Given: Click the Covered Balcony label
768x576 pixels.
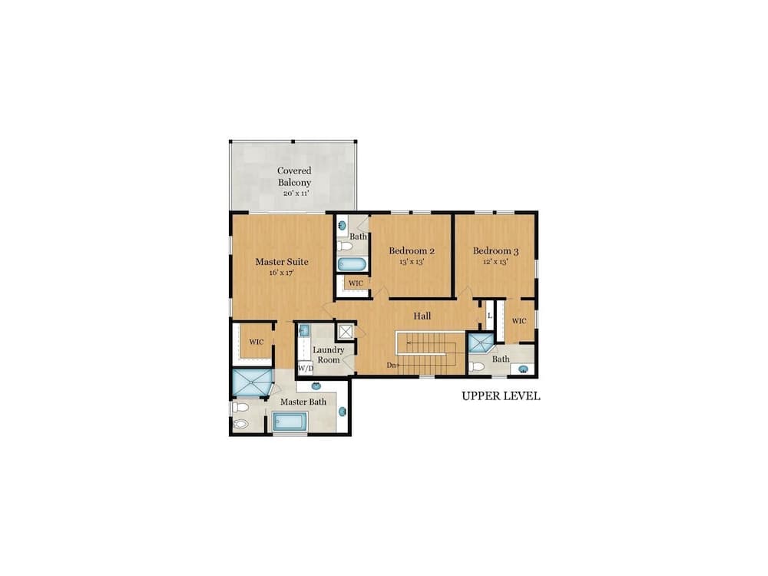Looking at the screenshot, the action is click(x=294, y=177).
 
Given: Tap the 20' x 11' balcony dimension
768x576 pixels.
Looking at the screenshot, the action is click(x=296, y=194).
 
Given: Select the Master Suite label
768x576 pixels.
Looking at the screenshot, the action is click(x=282, y=262).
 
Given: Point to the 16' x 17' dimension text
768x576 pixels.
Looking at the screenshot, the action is click(x=281, y=273).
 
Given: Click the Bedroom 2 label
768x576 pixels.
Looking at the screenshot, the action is click(x=412, y=251).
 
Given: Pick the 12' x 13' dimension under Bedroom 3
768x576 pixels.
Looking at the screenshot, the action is click(x=495, y=262).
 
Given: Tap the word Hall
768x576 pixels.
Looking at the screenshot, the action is click(x=422, y=316).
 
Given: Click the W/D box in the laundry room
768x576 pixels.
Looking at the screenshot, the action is click(x=306, y=368).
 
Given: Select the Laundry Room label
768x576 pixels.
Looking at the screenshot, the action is click(x=328, y=355).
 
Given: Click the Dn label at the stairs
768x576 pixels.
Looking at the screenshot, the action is click(x=391, y=365).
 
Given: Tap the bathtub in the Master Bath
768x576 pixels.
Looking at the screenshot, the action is click(x=290, y=422).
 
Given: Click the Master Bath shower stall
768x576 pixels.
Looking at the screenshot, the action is click(x=252, y=382).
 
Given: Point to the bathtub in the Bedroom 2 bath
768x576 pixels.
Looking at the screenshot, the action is click(x=352, y=264).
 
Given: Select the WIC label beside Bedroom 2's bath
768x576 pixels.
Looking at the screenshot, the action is click(x=356, y=283).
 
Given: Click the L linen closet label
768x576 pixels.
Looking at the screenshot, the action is click(x=489, y=316).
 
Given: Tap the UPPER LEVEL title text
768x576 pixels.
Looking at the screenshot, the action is click(x=501, y=396).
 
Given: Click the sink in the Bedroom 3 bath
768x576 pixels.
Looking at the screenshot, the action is click(x=524, y=369).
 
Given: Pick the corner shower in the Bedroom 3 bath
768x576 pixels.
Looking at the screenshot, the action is click(x=482, y=343).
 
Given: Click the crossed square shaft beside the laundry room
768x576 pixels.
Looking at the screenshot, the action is click(x=346, y=332).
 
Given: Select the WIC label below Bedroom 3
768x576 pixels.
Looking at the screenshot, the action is click(x=518, y=321).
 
